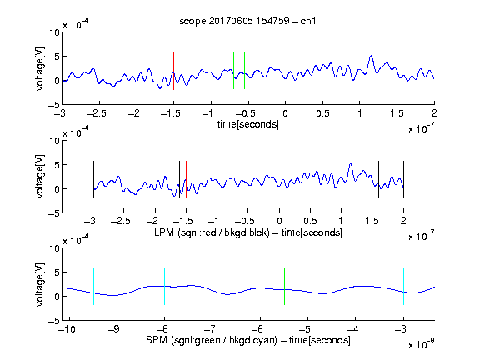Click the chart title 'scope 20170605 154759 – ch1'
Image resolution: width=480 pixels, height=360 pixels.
click(247, 21)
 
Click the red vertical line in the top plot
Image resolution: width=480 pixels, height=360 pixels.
click(173, 71)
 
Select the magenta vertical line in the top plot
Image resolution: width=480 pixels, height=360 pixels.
click(397, 71)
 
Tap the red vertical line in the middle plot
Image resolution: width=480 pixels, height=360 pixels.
click(186, 179)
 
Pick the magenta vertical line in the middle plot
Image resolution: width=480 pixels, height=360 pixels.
click(372, 179)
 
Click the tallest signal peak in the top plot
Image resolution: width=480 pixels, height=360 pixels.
click(372, 56)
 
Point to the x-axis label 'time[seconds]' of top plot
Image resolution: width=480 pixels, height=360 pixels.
click(248, 124)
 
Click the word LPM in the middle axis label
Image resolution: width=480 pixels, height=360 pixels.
click(164, 232)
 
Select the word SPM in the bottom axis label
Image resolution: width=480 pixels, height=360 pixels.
click(156, 340)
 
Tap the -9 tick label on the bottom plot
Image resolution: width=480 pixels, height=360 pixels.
click(114, 329)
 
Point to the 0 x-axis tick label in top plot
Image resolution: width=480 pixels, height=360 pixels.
click(285, 113)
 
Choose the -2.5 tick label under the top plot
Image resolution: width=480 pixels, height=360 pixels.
click(96, 113)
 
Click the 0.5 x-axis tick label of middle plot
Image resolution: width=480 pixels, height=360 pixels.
click(310, 221)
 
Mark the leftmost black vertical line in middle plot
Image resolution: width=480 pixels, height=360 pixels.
click(93, 179)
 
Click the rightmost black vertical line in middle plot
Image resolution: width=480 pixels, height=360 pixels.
click(403, 179)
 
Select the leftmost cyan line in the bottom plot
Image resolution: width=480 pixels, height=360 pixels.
click(93, 287)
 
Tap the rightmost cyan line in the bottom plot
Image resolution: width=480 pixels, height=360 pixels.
click(403, 287)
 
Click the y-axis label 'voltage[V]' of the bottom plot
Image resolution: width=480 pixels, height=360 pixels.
click(40, 284)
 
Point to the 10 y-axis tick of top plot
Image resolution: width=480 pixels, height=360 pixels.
click(54, 32)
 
